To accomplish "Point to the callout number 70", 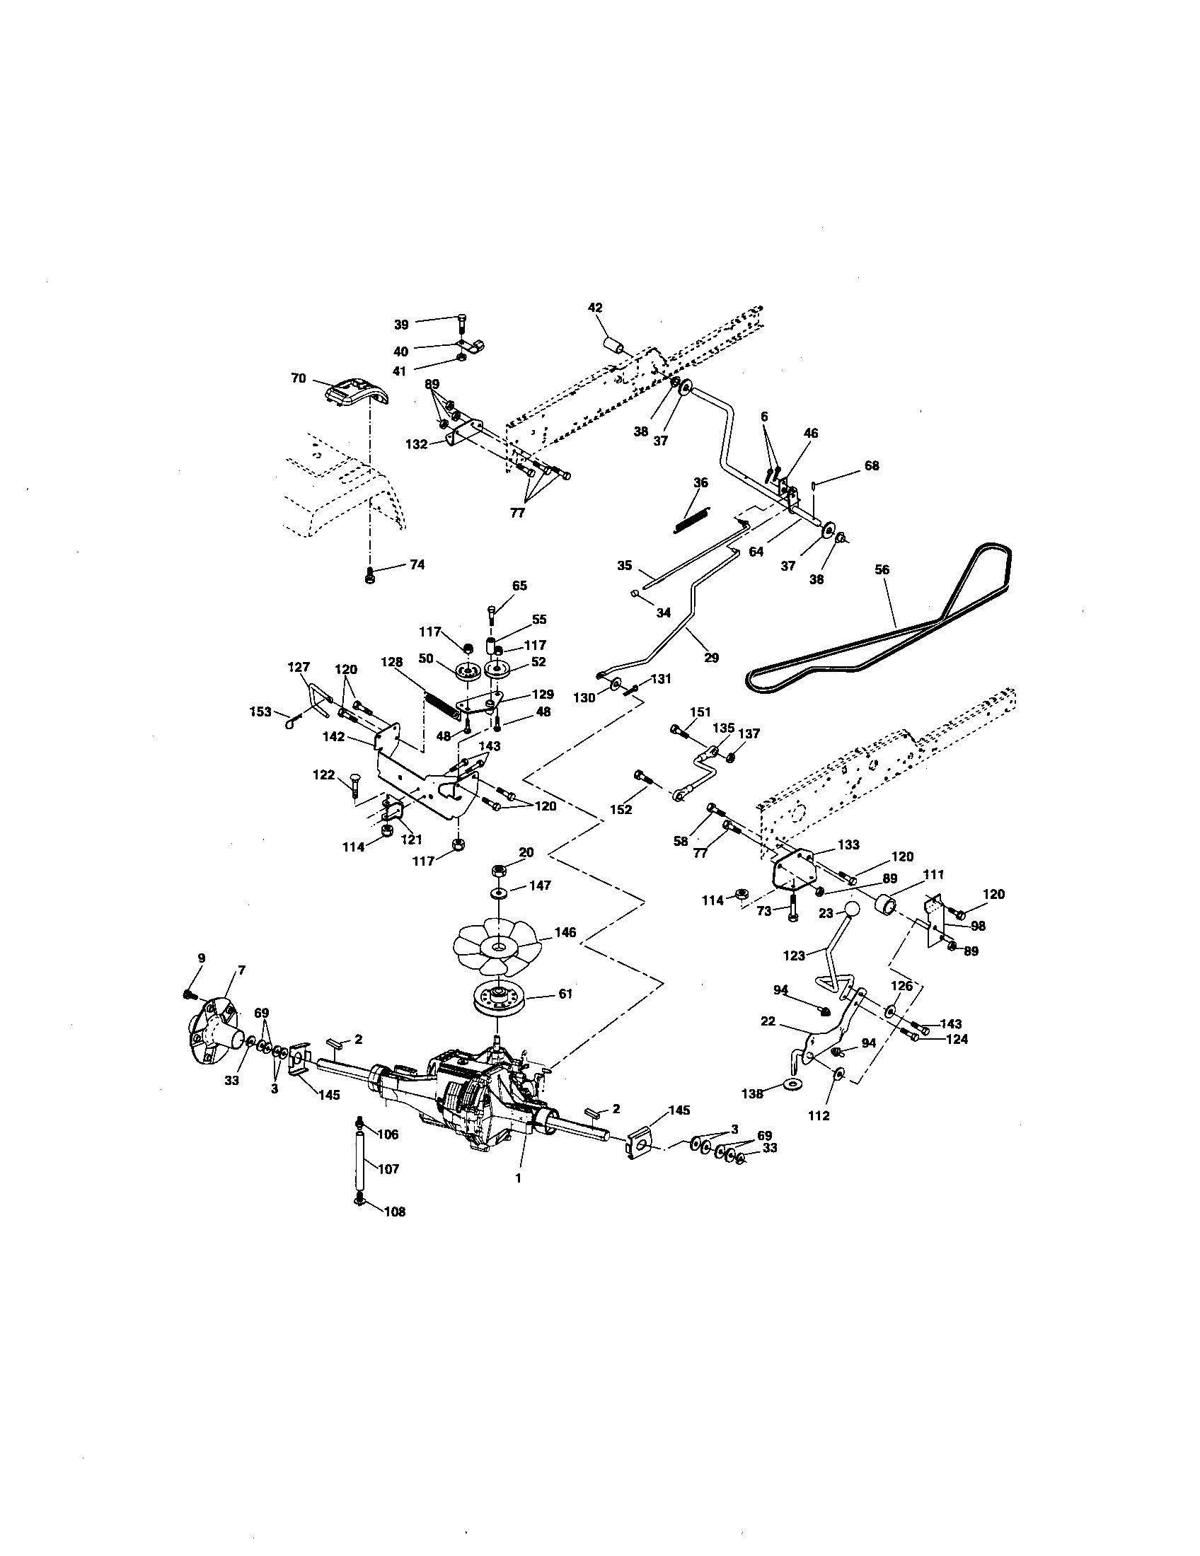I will coord(299,378).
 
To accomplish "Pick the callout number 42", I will coord(595,308).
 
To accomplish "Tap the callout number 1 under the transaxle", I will coord(518,1178).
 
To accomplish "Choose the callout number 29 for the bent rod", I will coord(711,658).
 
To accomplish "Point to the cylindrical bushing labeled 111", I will coord(887,907).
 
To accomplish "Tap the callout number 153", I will coord(260,711).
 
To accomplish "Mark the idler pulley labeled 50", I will coord(466,671).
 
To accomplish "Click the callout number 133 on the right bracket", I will coord(848,845).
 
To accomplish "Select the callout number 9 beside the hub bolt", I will coord(201,959).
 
